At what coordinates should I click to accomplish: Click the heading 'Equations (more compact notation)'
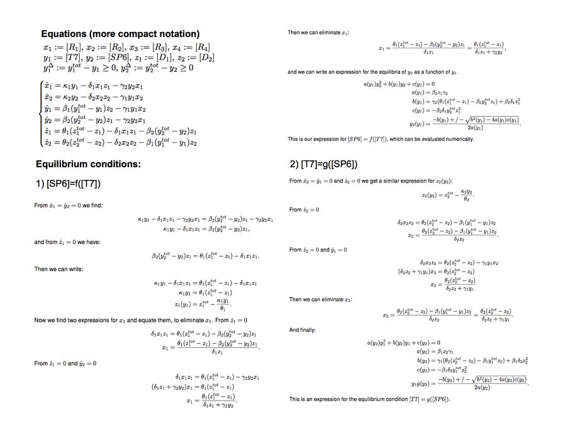click(x=120, y=34)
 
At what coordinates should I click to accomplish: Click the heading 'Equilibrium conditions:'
click(x=88, y=165)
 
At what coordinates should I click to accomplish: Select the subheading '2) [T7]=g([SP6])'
click(x=323, y=165)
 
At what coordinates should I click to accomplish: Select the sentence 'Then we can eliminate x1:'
click(x=318, y=32)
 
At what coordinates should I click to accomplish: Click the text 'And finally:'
click(x=303, y=329)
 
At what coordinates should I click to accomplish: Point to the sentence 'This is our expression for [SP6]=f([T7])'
click(x=380, y=139)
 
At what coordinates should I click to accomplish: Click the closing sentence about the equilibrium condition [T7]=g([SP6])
click(x=369, y=399)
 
